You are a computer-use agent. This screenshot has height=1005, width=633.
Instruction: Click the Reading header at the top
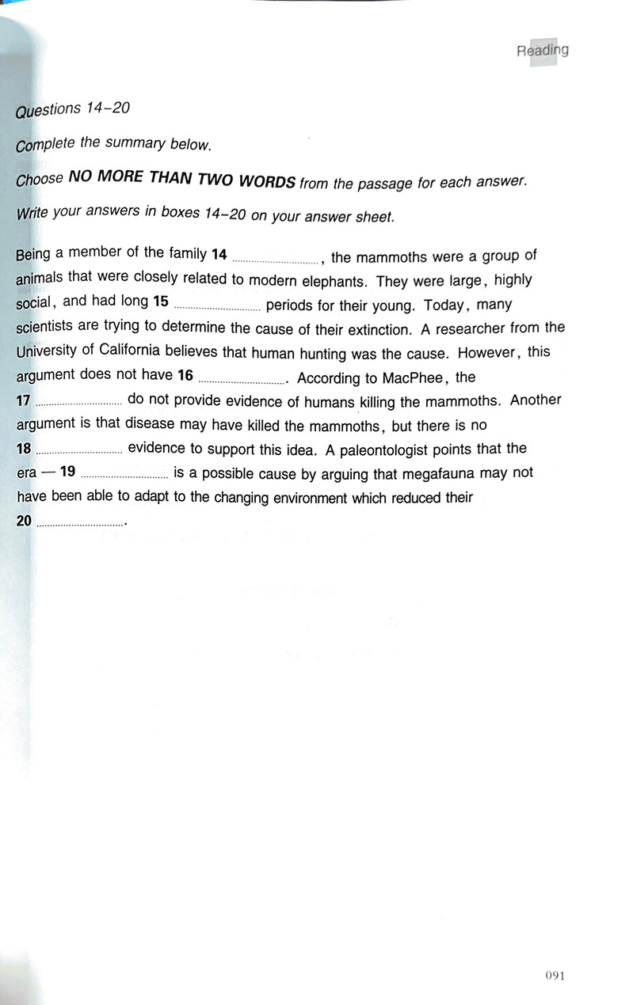click(543, 51)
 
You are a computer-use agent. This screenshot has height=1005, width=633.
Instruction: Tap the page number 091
click(555, 975)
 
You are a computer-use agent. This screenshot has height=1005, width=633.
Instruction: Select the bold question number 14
click(219, 254)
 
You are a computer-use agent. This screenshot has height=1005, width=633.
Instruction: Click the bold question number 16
click(185, 375)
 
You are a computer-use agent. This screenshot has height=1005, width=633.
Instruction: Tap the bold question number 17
click(23, 400)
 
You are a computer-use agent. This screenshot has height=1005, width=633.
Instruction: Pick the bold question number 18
click(23, 449)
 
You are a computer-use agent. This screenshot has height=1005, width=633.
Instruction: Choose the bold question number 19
click(67, 473)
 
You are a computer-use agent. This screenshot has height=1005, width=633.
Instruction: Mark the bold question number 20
click(24, 521)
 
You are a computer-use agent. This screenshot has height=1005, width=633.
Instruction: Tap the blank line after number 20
click(80, 524)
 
